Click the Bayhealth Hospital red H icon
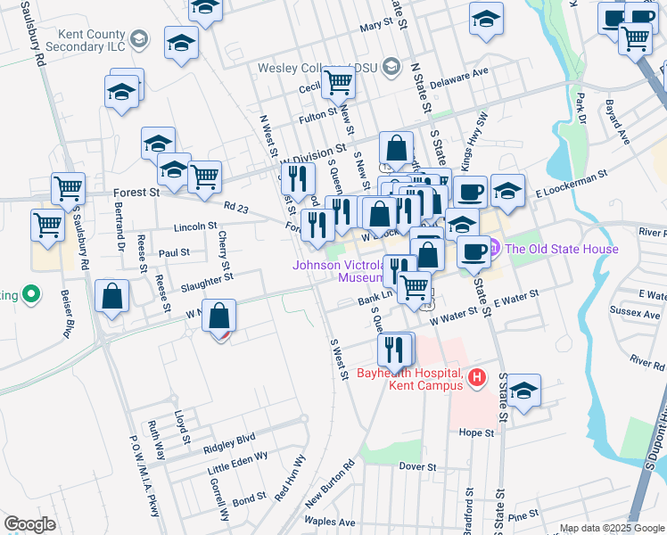point(476,378)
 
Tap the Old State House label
point(562,249)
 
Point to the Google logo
point(29,524)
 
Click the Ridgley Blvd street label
point(229,438)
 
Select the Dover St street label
point(417,466)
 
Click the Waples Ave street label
point(330,522)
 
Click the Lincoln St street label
point(195,226)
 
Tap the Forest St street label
point(136,192)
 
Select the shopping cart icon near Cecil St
point(339,81)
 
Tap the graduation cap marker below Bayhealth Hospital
point(524,391)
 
